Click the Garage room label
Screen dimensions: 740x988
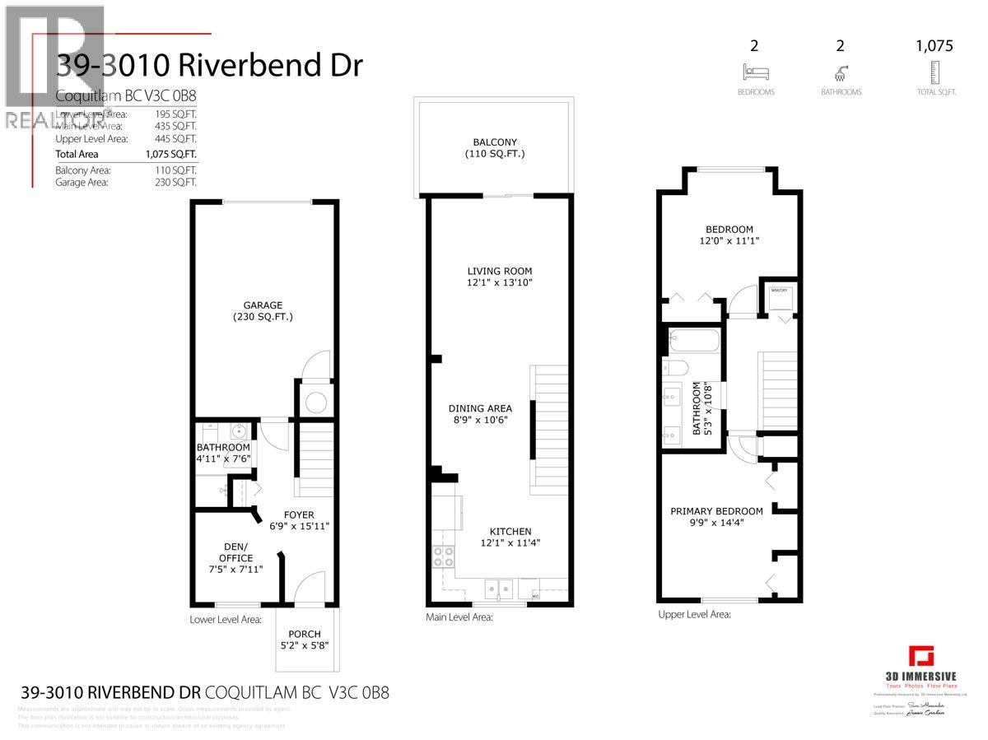click(x=263, y=305)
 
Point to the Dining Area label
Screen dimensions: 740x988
click(x=480, y=408)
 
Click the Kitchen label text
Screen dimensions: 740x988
click(x=510, y=531)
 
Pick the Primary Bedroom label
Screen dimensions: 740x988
click(x=716, y=511)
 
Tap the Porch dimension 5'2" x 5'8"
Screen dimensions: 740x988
click(x=305, y=646)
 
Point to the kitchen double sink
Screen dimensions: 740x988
click(x=499, y=587)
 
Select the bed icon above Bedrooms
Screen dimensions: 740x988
click(x=755, y=72)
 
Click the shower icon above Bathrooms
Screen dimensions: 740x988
click(x=841, y=72)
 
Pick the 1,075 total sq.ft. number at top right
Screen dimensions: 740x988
click(x=934, y=46)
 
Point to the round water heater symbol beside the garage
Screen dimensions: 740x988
click(x=315, y=403)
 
